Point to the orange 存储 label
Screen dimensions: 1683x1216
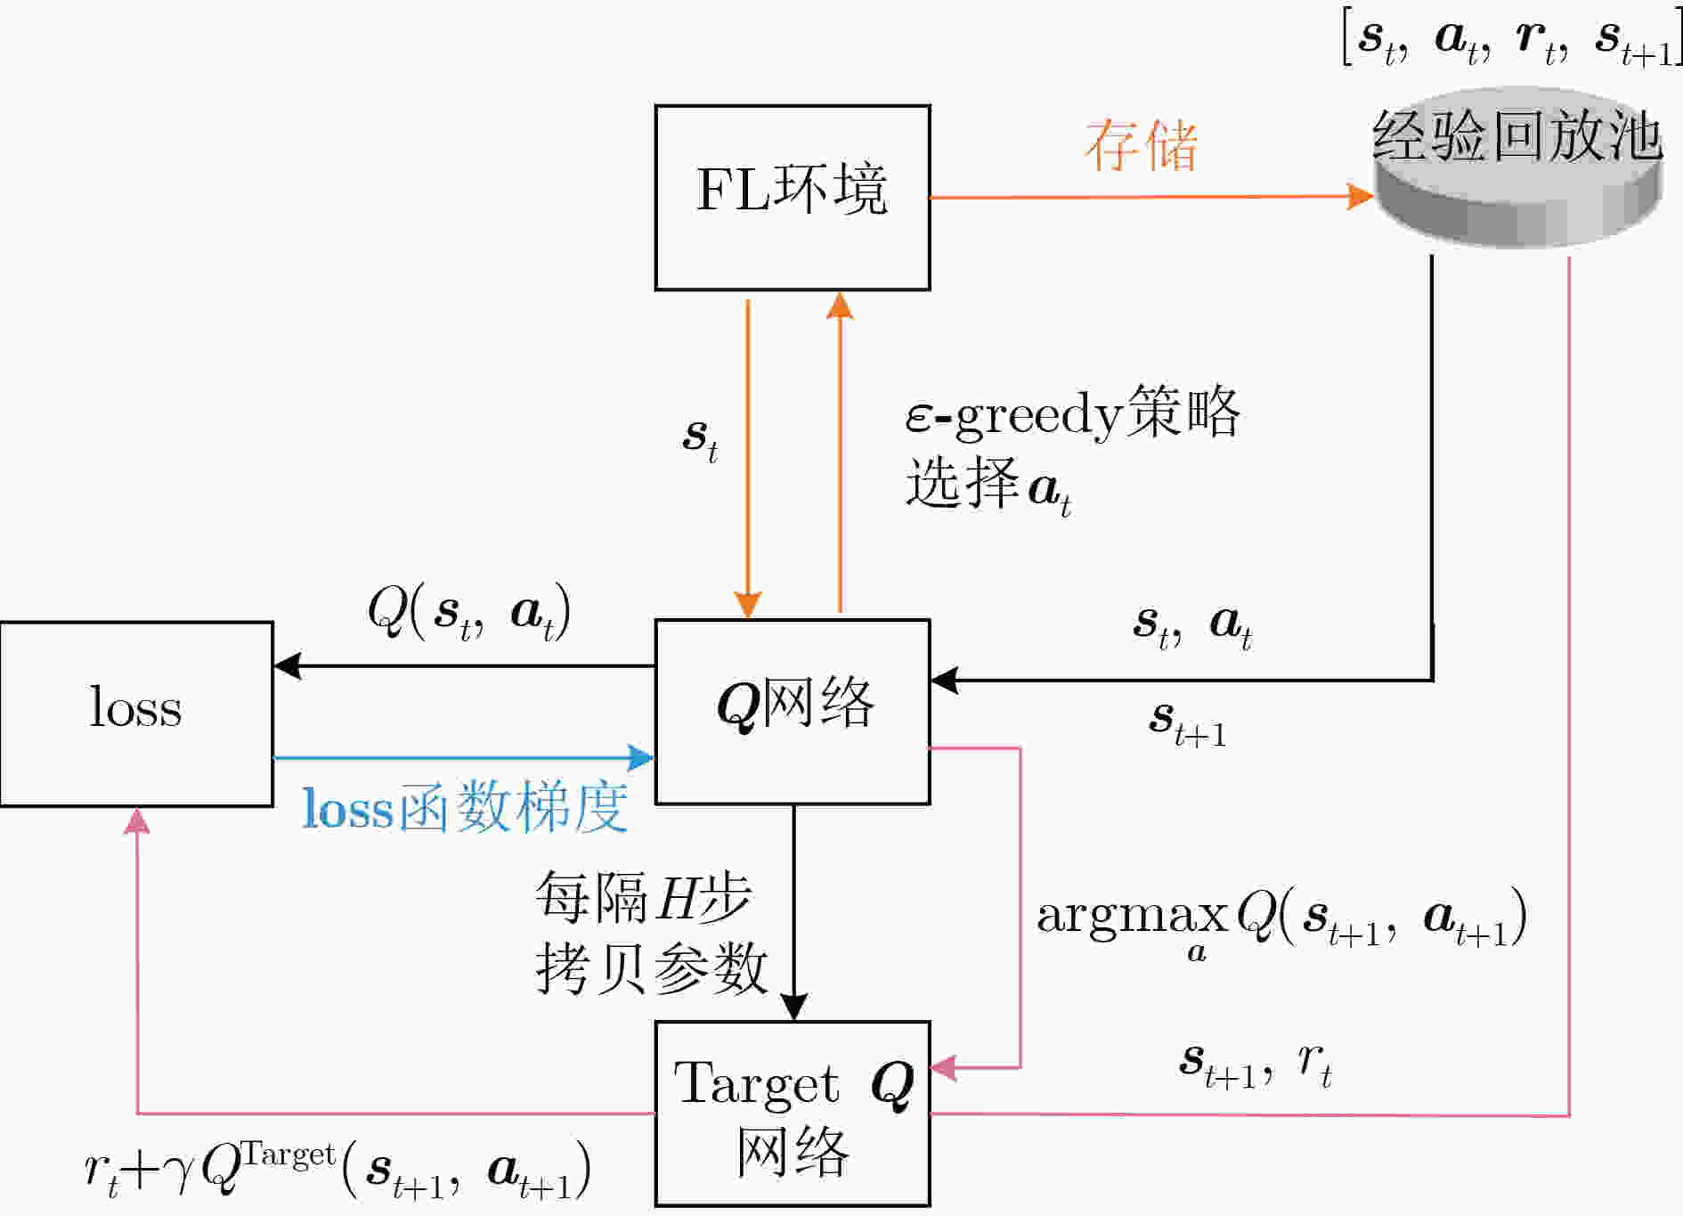(1141, 144)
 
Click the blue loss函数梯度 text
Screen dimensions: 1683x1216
(465, 808)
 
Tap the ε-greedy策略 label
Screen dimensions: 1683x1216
(1072, 413)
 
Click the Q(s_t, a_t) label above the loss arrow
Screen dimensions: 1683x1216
(468, 613)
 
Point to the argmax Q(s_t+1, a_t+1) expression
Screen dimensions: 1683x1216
(1282, 922)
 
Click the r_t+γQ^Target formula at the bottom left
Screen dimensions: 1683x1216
(337, 1169)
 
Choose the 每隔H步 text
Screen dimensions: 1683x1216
(643, 896)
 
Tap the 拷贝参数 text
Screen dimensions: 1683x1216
(651, 967)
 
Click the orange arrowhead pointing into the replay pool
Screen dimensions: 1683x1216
(1360, 197)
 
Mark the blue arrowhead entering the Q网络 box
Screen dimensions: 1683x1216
(641, 758)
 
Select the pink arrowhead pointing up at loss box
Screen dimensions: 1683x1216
(136, 820)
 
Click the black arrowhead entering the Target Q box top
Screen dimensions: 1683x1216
(793, 1008)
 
